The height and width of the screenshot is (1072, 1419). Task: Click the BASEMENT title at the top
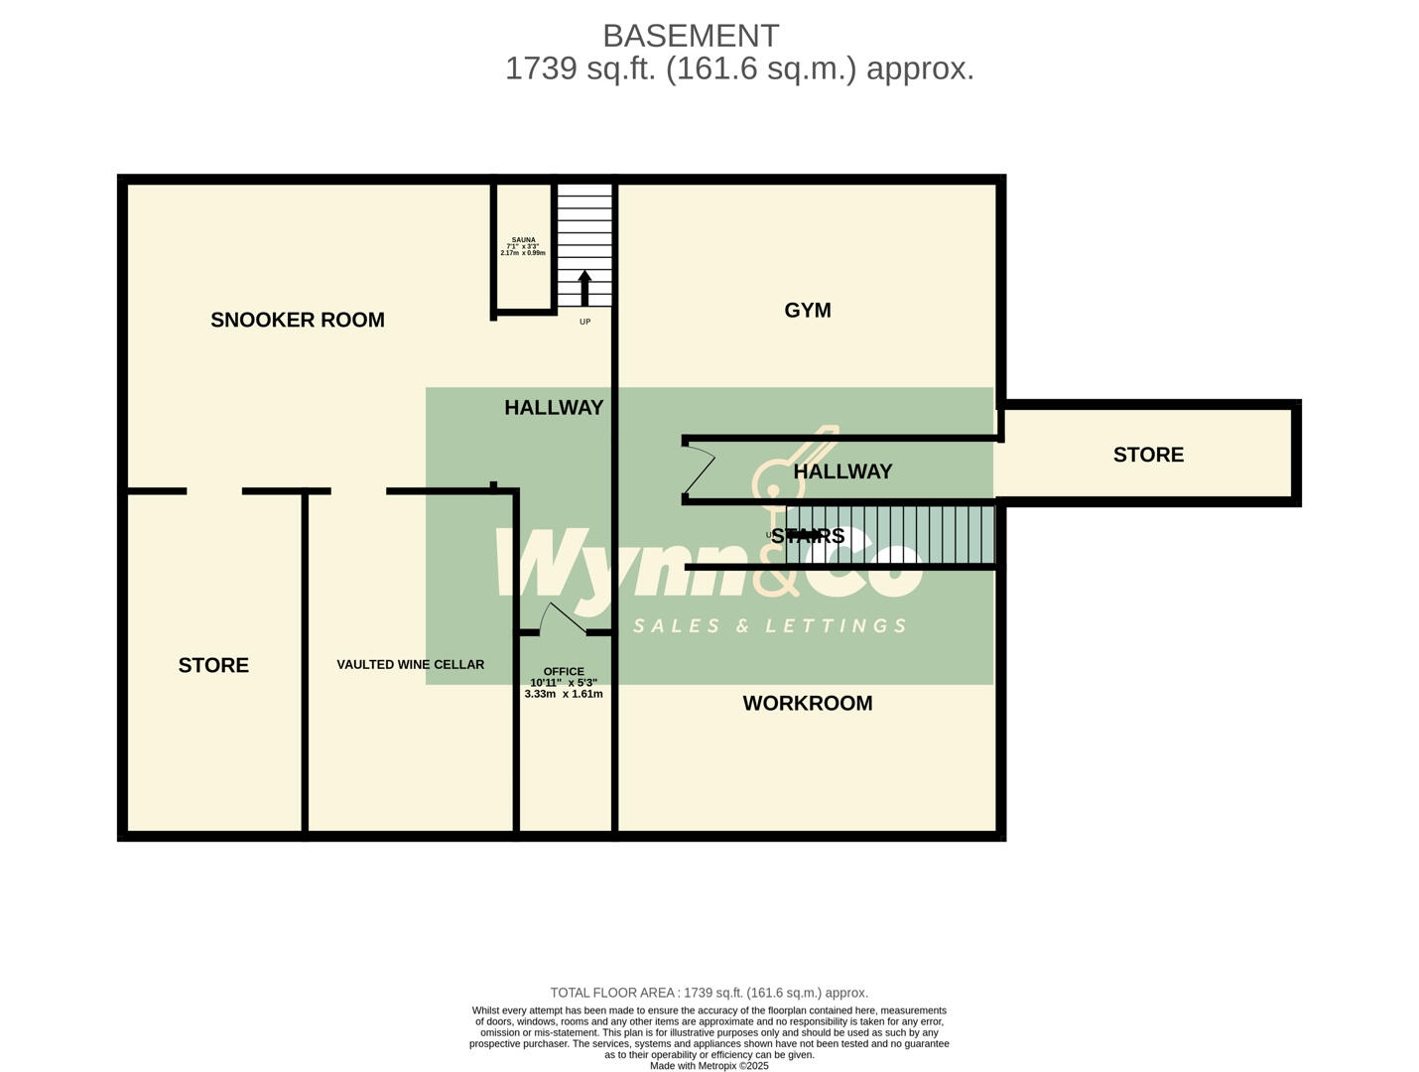pos(691,36)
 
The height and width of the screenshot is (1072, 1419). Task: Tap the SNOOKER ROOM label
pos(298,320)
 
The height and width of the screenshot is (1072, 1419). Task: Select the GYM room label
pos(808,310)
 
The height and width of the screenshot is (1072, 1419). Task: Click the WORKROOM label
pos(808,703)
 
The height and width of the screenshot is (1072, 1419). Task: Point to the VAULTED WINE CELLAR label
pos(410,664)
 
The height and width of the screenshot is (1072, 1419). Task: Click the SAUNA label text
pos(523,240)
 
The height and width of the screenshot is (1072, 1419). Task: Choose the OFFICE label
pos(564,671)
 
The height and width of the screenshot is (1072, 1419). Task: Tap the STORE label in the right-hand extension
pos(1148,455)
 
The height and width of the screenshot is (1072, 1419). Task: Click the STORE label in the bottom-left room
pos(213,665)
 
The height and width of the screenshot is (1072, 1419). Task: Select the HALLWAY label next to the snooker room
pos(554,407)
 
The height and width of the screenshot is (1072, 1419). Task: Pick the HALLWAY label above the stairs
pos(842,471)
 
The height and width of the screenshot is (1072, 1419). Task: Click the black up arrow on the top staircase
pos(584,287)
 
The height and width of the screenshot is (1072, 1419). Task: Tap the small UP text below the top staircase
pos(584,322)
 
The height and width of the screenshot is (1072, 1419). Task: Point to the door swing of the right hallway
pos(700,470)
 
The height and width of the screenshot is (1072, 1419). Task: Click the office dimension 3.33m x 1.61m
pos(564,694)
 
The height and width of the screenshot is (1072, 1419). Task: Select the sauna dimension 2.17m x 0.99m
pos(523,253)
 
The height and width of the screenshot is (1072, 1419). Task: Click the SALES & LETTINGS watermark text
pos(770,625)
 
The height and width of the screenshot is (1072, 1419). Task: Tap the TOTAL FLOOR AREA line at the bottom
pos(709,993)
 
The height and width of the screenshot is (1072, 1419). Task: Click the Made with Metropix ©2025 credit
pos(709,1065)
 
